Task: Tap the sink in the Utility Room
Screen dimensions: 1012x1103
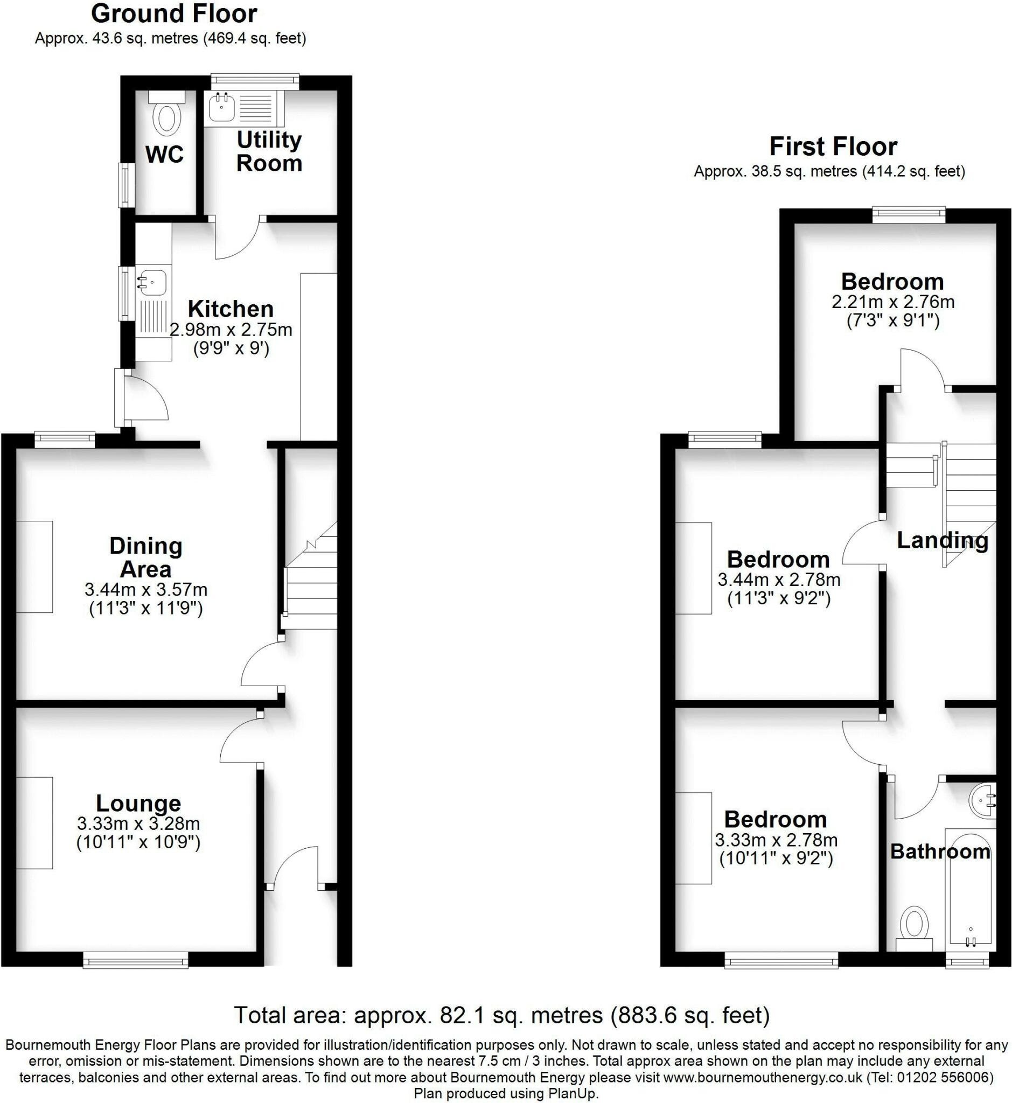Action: coord(221,107)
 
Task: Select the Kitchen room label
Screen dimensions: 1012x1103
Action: coord(231,309)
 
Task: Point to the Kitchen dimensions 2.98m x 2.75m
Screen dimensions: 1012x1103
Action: coord(231,330)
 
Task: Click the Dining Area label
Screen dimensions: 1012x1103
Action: coord(145,557)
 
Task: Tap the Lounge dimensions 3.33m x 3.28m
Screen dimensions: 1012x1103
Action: coord(138,823)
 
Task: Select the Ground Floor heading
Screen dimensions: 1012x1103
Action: coord(174,13)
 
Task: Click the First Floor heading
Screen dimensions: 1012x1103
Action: coord(834,146)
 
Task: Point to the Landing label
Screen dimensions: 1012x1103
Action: coord(943,541)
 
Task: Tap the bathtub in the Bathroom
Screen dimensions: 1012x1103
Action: coord(971,892)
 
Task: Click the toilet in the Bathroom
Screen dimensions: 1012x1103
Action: coord(914,929)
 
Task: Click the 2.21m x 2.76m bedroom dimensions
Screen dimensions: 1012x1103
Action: coord(893,302)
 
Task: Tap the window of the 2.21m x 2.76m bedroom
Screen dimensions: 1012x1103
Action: coord(909,215)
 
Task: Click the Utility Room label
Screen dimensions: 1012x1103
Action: coord(269,152)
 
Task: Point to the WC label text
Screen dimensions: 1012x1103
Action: coord(164,155)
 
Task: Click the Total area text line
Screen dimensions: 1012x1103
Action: coord(502,1015)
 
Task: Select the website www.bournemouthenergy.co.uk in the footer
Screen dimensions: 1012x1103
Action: coord(763,1078)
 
